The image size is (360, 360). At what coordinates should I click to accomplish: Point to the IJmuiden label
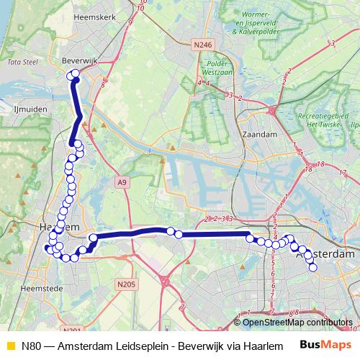[x=30, y=109]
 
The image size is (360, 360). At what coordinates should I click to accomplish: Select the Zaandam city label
[x=261, y=134]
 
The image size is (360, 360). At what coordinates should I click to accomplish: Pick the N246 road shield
[x=204, y=45]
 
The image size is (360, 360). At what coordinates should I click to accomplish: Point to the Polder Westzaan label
[x=216, y=68]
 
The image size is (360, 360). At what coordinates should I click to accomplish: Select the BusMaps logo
[x=326, y=345]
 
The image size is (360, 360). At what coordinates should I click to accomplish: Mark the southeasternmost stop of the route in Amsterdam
[x=313, y=269]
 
